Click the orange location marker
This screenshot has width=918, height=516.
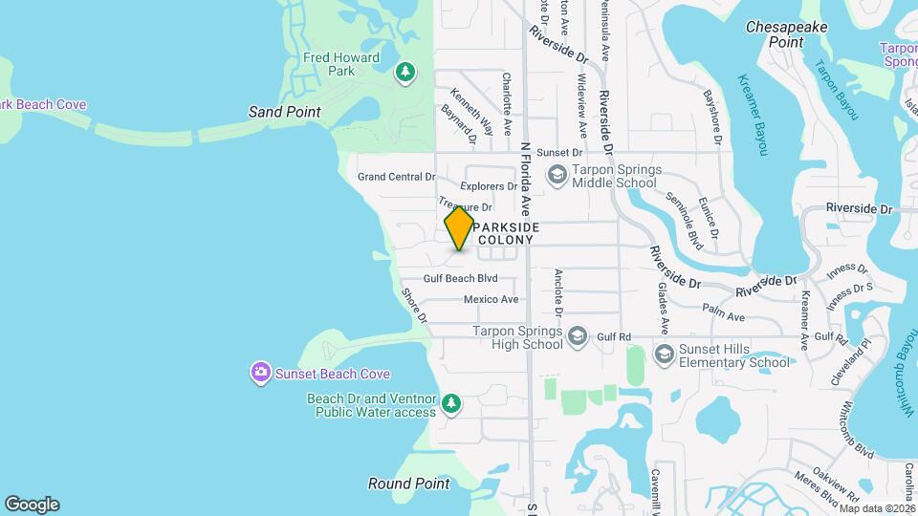[x=460, y=228]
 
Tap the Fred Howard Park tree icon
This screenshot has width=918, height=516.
[x=406, y=73]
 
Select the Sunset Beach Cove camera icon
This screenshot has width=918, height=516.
[x=260, y=373]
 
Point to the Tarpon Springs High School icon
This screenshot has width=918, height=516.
[x=578, y=336]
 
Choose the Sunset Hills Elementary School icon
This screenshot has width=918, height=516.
[x=664, y=355]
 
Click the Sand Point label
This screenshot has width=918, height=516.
[x=285, y=112]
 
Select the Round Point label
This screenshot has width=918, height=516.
[x=408, y=484]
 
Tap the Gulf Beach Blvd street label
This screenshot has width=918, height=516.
[x=462, y=278]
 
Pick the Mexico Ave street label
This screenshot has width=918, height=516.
[x=491, y=299]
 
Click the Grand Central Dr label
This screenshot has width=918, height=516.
[x=396, y=177]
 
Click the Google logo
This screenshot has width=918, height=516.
[x=32, y=504]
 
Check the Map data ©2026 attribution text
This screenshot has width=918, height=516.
[x=878, y=508]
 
